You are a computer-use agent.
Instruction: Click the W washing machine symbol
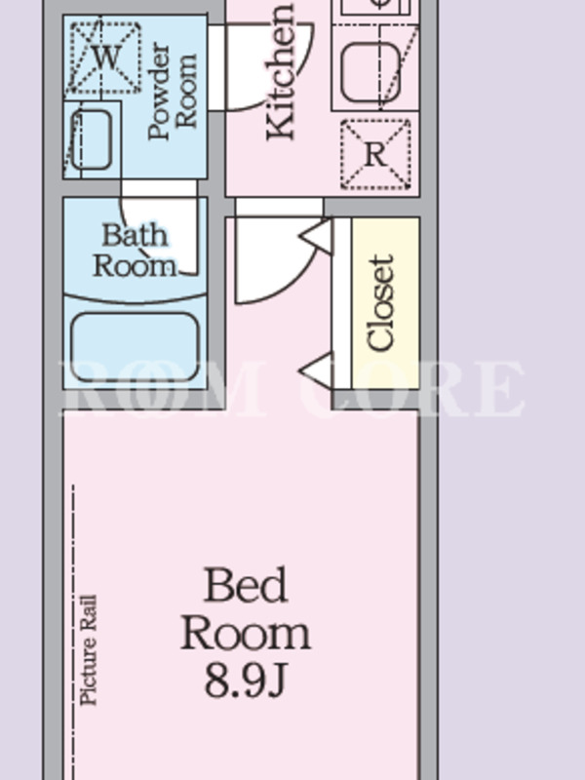click(x=104, y=57)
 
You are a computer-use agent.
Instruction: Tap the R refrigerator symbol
click(x=375, y=154)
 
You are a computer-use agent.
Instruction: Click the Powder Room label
click(x=173, y=91)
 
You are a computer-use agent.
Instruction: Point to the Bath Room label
click(x=135, y=251)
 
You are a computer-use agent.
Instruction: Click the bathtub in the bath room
click(x=135, y=346)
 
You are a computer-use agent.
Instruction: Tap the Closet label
click(x=380, y=302)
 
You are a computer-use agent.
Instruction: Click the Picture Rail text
click(x=89, y=649)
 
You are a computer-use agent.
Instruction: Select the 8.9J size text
click(x=246, y=681)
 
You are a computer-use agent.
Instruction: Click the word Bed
click(x=246, y=585)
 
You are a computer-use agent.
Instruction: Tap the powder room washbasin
click(x=91, y=139)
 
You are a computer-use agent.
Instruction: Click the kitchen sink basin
click(x=371, y=72)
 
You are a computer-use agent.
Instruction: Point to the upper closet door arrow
click(x=316, y=236)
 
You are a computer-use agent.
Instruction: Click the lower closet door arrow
click(x=316, y=370)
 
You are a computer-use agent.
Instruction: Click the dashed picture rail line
click(x=74, y=632)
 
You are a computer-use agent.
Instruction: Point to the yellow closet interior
click(x=385, y=303)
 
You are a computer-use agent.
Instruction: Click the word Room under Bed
click(x=246, y=634)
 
